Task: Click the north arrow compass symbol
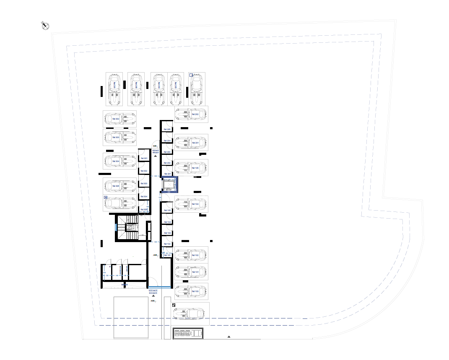pyautogui.click(x=45, y=26)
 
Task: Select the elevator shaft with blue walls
pyautogui.click(x=170, y=185)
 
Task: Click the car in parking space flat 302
pyautogui.click(x=120, y=119)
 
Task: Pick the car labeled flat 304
pyautogui.click(x=120, y=161)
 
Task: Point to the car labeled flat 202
pyautogui.click(x=192, y=114)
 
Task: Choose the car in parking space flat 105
pyautogui.click(x=192, y=168)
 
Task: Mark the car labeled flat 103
pyautogui.click(x=192, y=291)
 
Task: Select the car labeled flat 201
pyautogui.click(x=192, y=143)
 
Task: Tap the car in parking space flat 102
pyautogui.click(x=192, y=255)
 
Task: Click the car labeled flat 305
pyautogui.click(x=120, y=186)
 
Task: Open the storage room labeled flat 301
pyautogui.click(x=144, y=158)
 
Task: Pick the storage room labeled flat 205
pyautogui.click(x=167, y=129)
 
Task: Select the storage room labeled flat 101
pyautogui.click(x=167, y=254)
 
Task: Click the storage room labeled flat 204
pyautogui.click(x=167, y=141)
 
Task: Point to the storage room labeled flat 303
pyautogui.click(x=144, y=183)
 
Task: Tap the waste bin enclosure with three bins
pyautogui.click(x=188, y=334)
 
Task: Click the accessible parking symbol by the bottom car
pyautogui.click(x=174, y=305)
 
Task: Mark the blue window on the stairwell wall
pyautogui.click(x=116, y=227)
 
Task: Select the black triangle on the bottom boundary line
pyautogui.click(x=229, y=337)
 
